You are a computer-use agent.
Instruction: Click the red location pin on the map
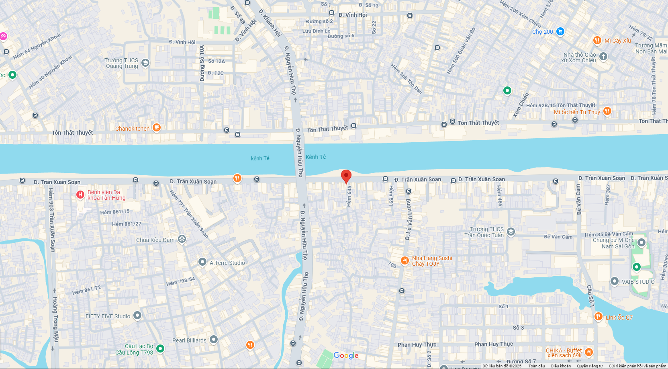[346, 176]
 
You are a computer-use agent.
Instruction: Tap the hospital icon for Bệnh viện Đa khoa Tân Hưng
[80, 195]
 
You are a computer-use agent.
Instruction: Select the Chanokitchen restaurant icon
[157, 128]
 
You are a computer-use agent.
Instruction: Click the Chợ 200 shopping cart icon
[560, 31]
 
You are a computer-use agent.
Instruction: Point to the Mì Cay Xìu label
[617, 41]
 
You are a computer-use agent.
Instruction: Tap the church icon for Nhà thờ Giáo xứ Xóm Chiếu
[603, 56]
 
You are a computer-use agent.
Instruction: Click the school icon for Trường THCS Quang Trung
[145, 63]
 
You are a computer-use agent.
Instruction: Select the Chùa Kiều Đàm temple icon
[182, 239]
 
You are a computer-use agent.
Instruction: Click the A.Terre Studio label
[227, 263]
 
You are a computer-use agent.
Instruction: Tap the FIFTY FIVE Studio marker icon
[137, 316]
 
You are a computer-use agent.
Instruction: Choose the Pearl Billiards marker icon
[214, 340]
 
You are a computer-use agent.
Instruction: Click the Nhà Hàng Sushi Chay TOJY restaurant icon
[405, 260]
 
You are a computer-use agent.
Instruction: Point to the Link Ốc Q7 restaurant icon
[598, 316]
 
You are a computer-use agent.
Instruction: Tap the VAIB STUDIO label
[638, 282]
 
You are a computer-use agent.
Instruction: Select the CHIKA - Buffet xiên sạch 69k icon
[589, 353]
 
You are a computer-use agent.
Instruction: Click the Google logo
[346, 355]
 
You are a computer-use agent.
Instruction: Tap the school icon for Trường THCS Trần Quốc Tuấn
[511, 232]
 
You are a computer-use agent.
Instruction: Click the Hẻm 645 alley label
[349, 196]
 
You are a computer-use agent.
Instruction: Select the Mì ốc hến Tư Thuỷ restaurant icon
[607, 111]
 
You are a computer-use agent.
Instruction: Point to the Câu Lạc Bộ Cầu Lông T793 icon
[160, 348]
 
